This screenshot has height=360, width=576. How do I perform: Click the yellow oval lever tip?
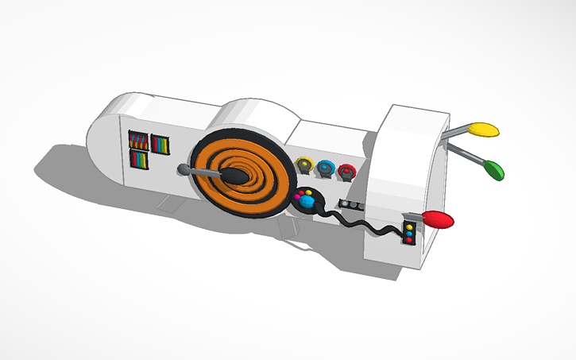481,129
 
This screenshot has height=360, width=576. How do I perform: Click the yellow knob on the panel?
303,165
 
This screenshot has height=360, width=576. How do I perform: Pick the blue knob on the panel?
325,168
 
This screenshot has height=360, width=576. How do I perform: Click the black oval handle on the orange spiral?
235,176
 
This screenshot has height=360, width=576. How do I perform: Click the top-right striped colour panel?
160,145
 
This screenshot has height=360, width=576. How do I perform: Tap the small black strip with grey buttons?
350,205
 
